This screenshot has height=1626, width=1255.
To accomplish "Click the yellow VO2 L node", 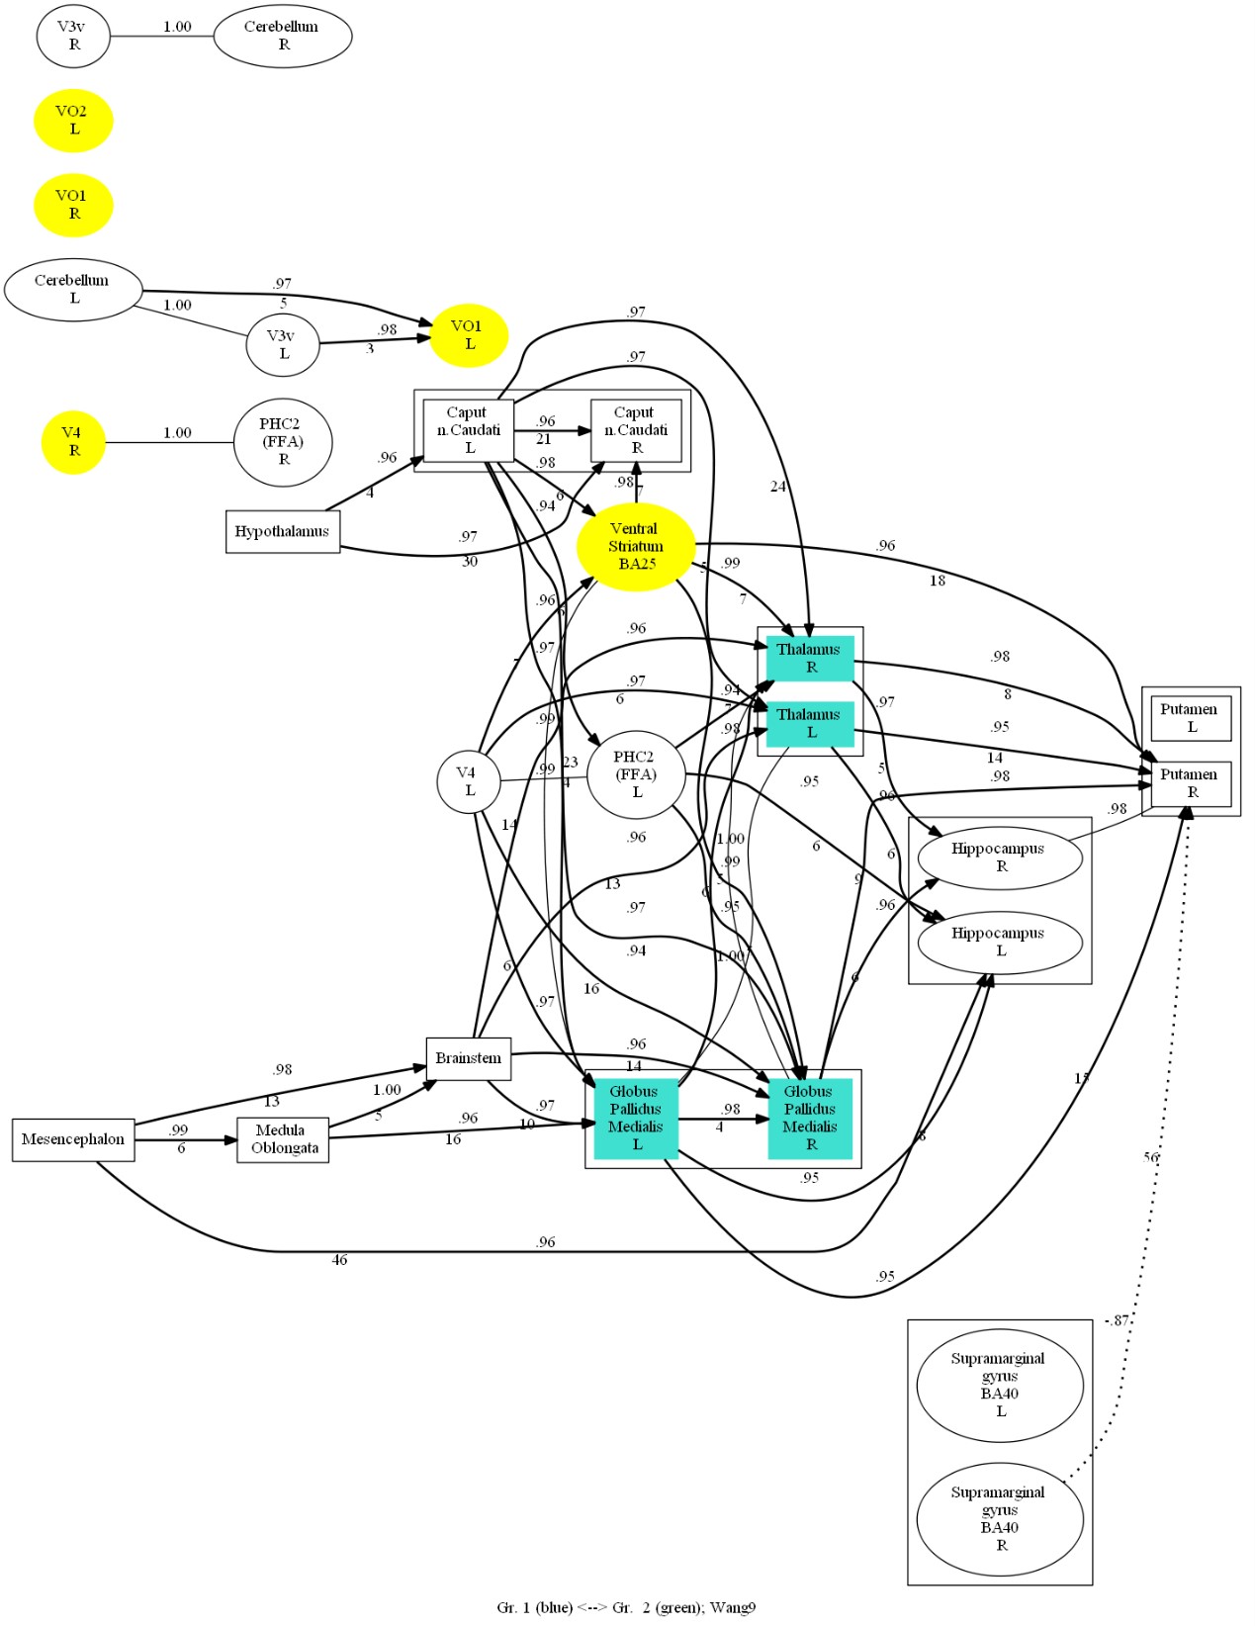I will pos(73,121).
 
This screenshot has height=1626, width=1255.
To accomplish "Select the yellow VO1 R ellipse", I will pos(73,205).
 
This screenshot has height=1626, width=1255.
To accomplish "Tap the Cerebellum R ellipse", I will pos(283,36).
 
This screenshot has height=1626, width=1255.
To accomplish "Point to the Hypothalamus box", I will pos(282,531).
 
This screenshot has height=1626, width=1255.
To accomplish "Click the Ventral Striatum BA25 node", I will pos(636,546).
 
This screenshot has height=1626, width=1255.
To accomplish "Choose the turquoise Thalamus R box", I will pos(810,659).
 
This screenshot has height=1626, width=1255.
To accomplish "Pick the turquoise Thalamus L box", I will pos(810,724).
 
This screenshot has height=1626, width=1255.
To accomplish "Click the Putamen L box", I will pos(1191,718).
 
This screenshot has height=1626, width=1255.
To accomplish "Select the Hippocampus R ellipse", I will pos(999,858).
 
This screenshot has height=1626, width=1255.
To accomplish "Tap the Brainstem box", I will pos(468,1058).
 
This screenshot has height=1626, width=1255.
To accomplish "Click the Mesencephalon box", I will pos(73,1139).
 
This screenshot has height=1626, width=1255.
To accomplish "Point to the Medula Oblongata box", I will pos(283,1139).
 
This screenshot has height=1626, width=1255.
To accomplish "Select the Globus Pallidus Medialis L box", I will pos(636,1118).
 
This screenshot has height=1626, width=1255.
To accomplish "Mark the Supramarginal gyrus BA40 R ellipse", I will pos(999,1519).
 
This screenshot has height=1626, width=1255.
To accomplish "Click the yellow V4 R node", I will pos(73,442).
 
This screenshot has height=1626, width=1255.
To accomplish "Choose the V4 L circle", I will pos(468,781).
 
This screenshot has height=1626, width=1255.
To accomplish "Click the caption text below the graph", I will pos(626,1608).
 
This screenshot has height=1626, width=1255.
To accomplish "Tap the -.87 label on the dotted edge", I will pos(1117,1320).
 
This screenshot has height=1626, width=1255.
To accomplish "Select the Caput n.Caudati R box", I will pos(636,430).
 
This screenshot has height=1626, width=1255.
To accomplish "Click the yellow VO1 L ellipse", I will pos(468,335).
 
